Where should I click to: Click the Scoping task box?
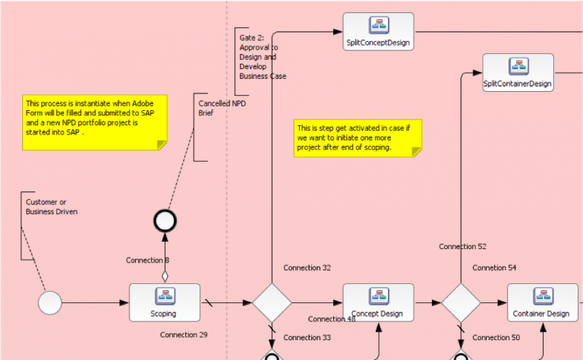164,303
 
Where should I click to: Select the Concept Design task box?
378,303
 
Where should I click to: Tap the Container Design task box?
543,303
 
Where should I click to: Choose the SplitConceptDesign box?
378,32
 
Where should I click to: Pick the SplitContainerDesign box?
518,72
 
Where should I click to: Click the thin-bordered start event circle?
50,303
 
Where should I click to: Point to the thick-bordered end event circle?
165,221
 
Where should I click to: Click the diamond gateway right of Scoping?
272,303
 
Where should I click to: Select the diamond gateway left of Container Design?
461,303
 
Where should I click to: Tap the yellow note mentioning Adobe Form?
95,122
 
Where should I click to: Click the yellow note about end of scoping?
358,138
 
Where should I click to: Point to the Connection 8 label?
147,261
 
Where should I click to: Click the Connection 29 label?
184,335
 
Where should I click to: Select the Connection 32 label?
307,268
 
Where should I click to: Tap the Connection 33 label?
307,338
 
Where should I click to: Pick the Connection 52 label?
462,247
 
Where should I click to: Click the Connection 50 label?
496,338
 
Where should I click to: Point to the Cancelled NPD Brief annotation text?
222,108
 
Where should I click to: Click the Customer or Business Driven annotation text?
52,207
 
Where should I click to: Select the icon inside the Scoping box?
165,296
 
